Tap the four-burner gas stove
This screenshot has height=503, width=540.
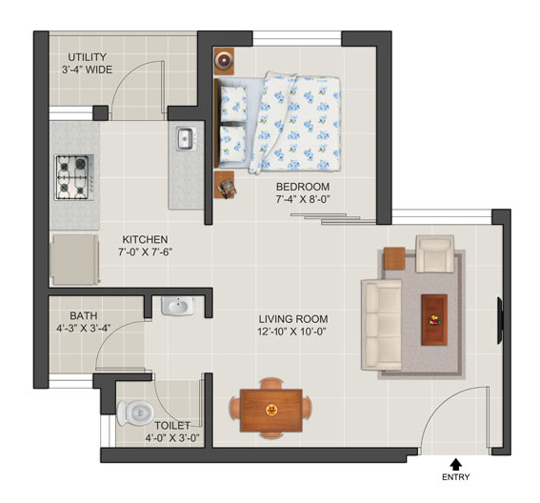[x=74, y=177]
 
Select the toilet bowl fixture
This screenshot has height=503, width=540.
[x=135, y=412]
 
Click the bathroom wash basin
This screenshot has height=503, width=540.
[x=178, y=307]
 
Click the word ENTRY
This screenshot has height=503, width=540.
[x=455, y=477]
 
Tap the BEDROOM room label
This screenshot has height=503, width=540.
[x=303, y=187]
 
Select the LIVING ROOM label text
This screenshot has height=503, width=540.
[x=293, y=319]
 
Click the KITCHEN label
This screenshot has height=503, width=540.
[x=145, y=239]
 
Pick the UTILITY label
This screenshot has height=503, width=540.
[x=87, y=57]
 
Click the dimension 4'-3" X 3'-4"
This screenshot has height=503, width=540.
[x=84, y=328]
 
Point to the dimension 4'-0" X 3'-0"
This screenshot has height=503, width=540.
[x=172, y=438]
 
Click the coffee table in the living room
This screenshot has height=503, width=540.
[x=434, y=320]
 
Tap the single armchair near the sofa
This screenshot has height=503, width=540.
[x=434, y=254]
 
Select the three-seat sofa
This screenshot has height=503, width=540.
[x=381, y=325]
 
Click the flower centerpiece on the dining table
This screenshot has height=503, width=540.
[x=271, y=410]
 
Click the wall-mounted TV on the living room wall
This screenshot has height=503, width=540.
[x=500, y=321]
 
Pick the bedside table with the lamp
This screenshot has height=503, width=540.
[x=224, y=61]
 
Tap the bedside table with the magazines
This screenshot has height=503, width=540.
[x=225, y=185]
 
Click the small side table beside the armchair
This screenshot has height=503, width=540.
[x=394, y=258]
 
